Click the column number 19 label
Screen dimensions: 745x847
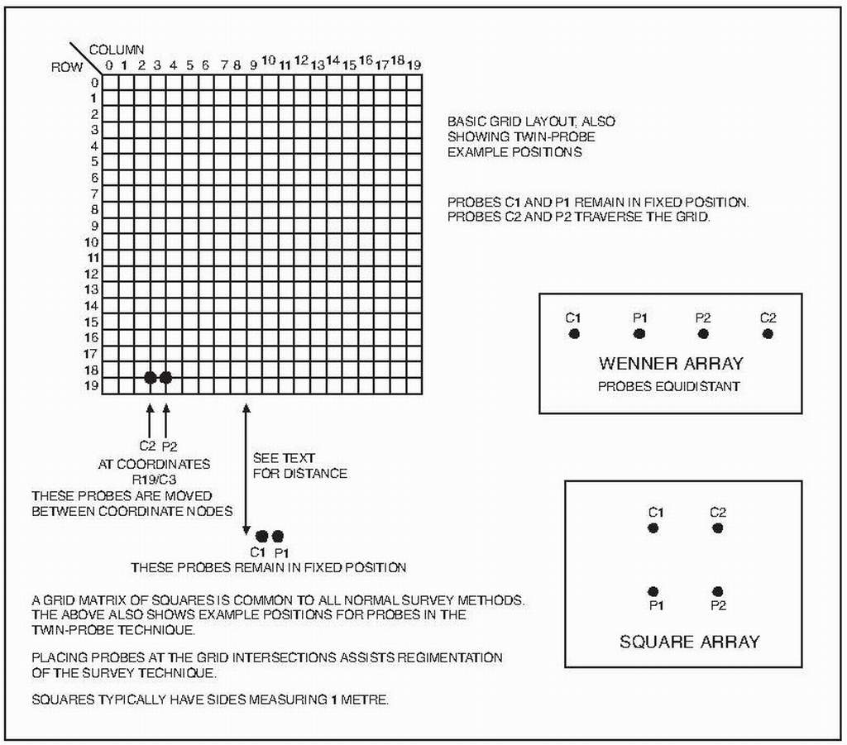[x=414, y=64]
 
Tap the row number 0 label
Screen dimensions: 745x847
[x=95, y=82]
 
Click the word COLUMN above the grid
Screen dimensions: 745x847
[x=117, y=50]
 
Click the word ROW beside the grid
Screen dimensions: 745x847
[x=67, y=68]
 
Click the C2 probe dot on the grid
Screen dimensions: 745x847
[x=150, y=378]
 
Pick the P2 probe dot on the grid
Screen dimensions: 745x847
[x=165, y=378]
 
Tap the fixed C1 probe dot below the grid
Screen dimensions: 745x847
[x=262, y=536]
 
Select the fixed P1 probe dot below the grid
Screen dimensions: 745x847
[x=278, y=536]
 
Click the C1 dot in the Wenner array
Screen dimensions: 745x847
[x=573, y=334]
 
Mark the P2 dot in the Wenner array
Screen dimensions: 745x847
[x=703, y=334]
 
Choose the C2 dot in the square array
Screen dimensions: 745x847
[x=717, y=528]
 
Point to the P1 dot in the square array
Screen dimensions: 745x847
[x=653, y=591]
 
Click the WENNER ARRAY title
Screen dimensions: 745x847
[x=671, y=363]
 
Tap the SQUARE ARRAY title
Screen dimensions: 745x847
[x=689, y=641]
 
